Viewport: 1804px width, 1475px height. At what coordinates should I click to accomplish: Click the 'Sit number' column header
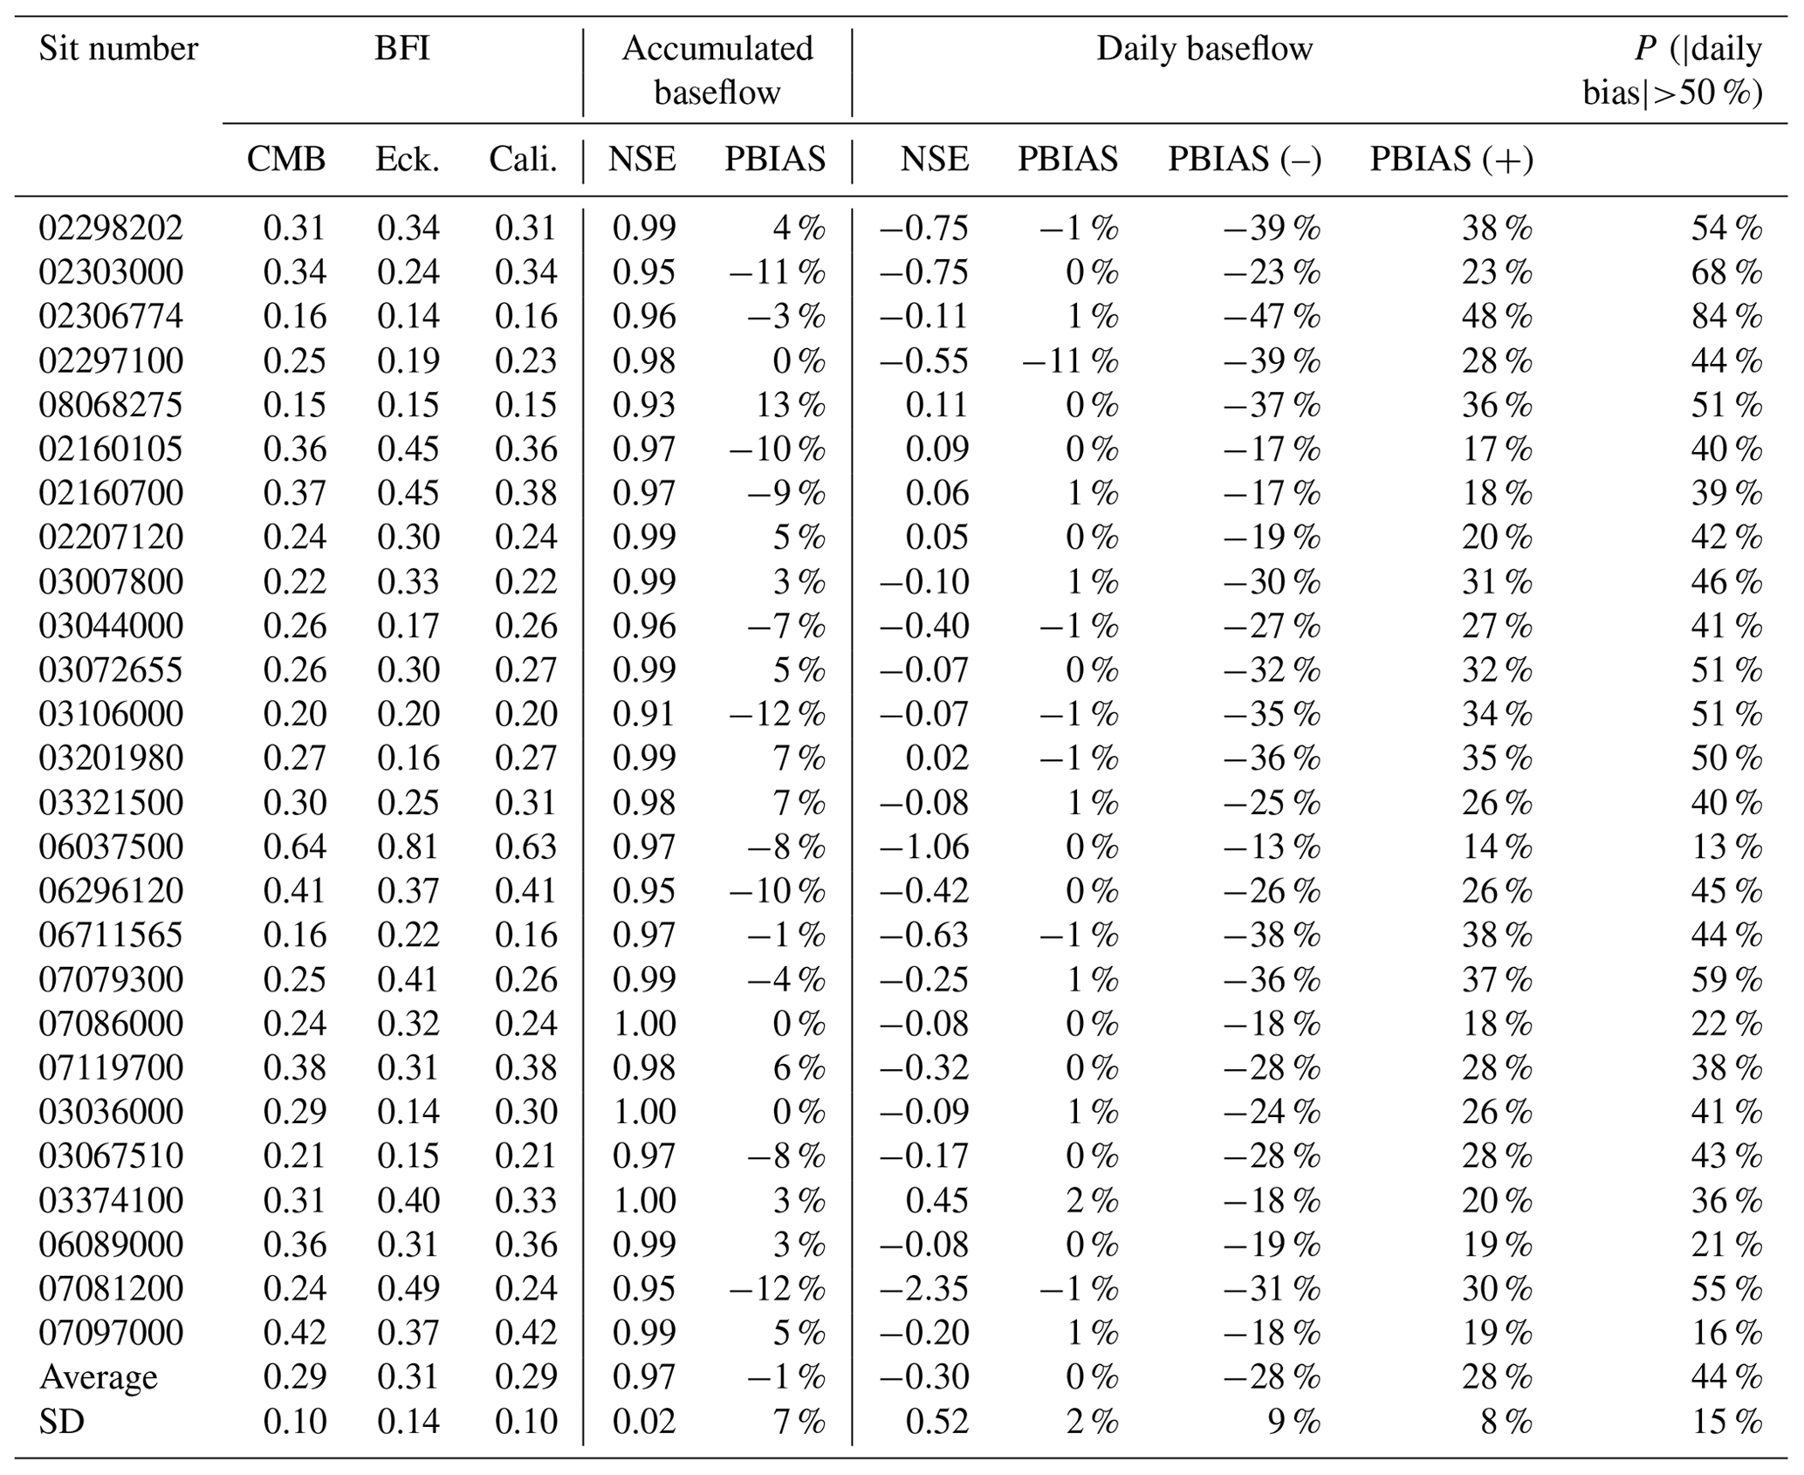click(118, 49)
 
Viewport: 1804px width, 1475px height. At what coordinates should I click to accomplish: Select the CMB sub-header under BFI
click(285, 159)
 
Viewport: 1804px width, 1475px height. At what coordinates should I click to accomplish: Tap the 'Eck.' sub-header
click(407, 159)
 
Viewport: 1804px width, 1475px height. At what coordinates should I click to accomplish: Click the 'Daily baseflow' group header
click(1204, 49)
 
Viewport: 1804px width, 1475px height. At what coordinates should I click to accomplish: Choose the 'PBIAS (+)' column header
click(1451, 159)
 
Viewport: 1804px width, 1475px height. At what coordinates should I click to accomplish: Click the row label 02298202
click(111, 228)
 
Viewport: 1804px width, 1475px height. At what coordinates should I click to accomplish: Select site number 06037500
click(111, 847)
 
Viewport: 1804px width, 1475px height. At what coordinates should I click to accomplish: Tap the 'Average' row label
click(99, 1377)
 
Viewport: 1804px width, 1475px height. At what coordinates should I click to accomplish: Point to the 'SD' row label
click(62, 1422)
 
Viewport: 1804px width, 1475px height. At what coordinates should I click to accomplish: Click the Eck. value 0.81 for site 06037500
click(408, 847)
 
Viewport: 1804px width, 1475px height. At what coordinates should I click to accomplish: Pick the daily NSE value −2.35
click(923, 1289)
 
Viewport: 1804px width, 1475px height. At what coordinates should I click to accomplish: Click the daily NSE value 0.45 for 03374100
click(936, 1201)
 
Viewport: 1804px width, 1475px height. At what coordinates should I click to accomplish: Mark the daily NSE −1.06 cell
click(923, 847)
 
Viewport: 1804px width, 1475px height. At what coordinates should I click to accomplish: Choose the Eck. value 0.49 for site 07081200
click(408, 1289)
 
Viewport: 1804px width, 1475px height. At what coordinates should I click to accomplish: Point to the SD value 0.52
click(936, 1422)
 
